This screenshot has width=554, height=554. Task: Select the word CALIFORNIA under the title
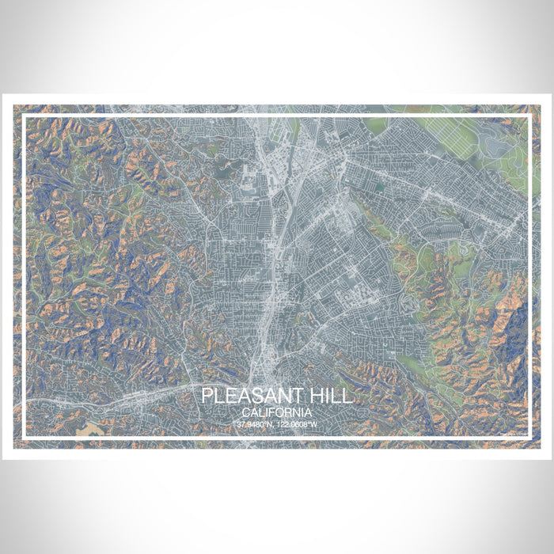pyautogui.click(x=277, y=413)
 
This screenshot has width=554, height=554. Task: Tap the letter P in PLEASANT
pyautogui.click(x=207, y=396)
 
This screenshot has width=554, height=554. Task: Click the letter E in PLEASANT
pyautogui.click(x=230, y=396)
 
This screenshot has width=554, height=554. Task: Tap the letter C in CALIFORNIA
pyautogui.click(x=248, y=413)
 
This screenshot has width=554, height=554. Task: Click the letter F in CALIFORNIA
pyautogui.click(x=273, y=413)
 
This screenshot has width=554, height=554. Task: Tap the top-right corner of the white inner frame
pyautogui.click(x=529, y=116)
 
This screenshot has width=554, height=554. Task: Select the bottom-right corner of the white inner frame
pyautogui.click(x=529, y=438)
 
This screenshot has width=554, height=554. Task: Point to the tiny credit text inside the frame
pyautogui.click(x=514, y=433)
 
